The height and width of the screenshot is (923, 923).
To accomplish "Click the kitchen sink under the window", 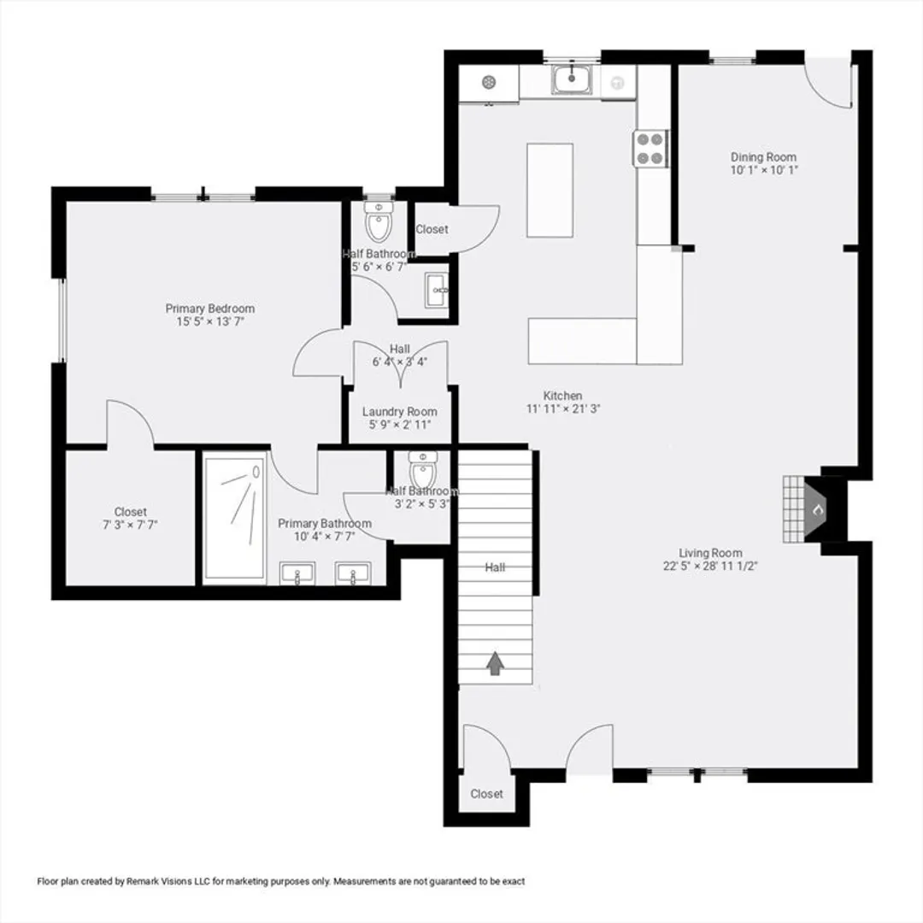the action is [571, 79].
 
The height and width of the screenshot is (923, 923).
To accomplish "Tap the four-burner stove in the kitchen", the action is [650, 149].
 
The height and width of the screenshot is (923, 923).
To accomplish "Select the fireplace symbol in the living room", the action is [814, 509].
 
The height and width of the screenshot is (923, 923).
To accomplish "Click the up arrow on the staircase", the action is [495, 663].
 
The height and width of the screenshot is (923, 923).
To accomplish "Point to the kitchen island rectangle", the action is [550, 190].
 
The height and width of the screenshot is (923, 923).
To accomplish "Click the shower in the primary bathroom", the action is [234, 518].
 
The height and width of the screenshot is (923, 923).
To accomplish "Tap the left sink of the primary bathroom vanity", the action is [297, 573].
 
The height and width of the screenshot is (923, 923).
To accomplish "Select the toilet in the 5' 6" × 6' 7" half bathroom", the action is [379, 221].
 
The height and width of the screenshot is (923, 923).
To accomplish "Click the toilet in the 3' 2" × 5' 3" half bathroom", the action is [423, 470].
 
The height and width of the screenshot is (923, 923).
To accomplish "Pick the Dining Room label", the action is [763, 157].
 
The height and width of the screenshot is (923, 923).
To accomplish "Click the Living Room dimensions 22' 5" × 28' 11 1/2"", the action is [710, 566].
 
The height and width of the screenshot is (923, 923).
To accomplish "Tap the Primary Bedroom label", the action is [210, 309].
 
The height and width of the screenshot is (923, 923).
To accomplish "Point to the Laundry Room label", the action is [400, 411].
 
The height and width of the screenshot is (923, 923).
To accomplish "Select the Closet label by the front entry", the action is [487, 793].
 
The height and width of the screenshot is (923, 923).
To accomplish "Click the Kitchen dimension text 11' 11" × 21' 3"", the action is [562, 409].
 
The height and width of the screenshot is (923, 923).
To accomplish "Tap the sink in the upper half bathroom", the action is [437, 291].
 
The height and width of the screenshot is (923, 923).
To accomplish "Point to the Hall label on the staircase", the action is [495, 567].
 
